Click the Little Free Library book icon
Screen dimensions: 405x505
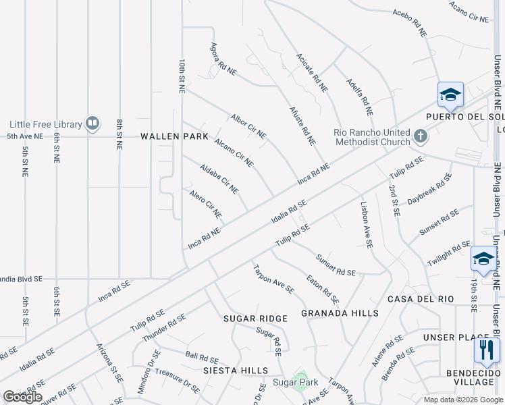point(92,124)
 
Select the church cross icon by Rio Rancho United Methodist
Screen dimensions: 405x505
point(420,136)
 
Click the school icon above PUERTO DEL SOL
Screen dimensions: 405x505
point(450,94)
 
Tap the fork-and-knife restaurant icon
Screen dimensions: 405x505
point(486,349)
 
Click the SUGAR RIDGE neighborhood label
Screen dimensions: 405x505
point(255,318)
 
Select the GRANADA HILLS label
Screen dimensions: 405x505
point(340,313)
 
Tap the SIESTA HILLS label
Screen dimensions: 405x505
point(238,371)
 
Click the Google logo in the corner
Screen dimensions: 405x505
point(22,397)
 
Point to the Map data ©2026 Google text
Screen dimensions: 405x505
point(463,400)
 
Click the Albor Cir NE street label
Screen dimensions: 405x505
point(248,126)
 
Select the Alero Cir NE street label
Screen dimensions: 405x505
point(205,204)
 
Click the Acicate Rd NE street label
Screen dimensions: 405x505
point(312,73)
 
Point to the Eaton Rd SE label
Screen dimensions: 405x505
point(322,288)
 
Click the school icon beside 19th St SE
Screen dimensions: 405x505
point(483,259)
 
